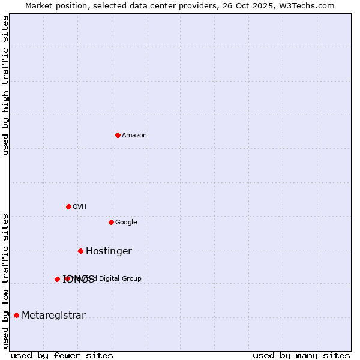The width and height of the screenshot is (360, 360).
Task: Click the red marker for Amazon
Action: [118, 135]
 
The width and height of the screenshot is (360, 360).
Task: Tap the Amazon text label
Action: [134, 136]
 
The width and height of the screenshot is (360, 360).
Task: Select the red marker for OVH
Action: [68, 206]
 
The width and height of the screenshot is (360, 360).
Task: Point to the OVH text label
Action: [80, 207]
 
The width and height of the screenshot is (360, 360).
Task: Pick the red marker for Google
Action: [111, 222]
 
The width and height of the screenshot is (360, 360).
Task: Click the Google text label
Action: [126, 223]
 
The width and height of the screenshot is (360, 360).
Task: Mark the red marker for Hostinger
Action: [80, 251]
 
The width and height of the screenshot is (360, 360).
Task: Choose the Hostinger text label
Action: [109, 251]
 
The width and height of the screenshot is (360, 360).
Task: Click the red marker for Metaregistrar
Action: [16, 315]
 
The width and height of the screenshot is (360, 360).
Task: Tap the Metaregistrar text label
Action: [53, 316]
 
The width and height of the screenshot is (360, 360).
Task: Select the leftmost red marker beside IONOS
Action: [57, 279]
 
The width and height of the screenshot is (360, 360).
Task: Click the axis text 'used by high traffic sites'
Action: [5, 85]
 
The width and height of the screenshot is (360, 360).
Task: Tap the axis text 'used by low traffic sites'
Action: [5, 281]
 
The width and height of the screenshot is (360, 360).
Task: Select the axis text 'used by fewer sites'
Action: [62, 355]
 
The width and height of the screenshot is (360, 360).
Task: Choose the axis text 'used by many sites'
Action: [301, 355]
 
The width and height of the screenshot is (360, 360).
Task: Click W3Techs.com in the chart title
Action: [310, 5]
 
